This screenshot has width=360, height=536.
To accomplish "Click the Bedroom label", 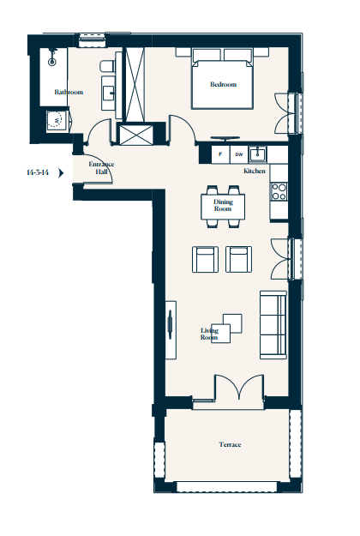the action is (x=223, y=84).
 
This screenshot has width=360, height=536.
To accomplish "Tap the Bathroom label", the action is (x=69, y=92).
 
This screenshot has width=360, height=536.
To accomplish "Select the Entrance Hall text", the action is (x=101, y=168).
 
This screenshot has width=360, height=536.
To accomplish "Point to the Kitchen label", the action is (x=255, y=171).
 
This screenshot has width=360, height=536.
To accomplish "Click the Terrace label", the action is (x=230, y=444).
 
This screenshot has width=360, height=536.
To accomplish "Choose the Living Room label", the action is (x=209, y=334).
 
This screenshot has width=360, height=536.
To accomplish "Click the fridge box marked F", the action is (x=220, y=154).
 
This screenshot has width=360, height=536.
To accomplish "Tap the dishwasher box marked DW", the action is (x=239, y=154).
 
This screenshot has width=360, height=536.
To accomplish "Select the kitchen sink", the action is (x=257, y=154).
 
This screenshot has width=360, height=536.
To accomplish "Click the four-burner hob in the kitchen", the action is (x=279, y=191).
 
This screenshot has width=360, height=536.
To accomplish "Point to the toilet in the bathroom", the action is (x=108, y=66).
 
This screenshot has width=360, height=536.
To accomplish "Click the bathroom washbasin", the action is (x=110, y=93).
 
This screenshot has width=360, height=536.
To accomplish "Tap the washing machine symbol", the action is (x=57, y=119).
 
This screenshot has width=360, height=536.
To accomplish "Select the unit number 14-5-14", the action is (x=38, y=172).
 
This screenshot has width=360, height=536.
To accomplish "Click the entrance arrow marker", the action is (x=61, y=173).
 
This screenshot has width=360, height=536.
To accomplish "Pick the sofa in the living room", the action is (x=273, y=325).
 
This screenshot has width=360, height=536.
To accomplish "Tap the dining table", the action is (x=223, y=207).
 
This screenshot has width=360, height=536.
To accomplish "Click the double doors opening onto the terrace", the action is (x=239, y=388).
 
